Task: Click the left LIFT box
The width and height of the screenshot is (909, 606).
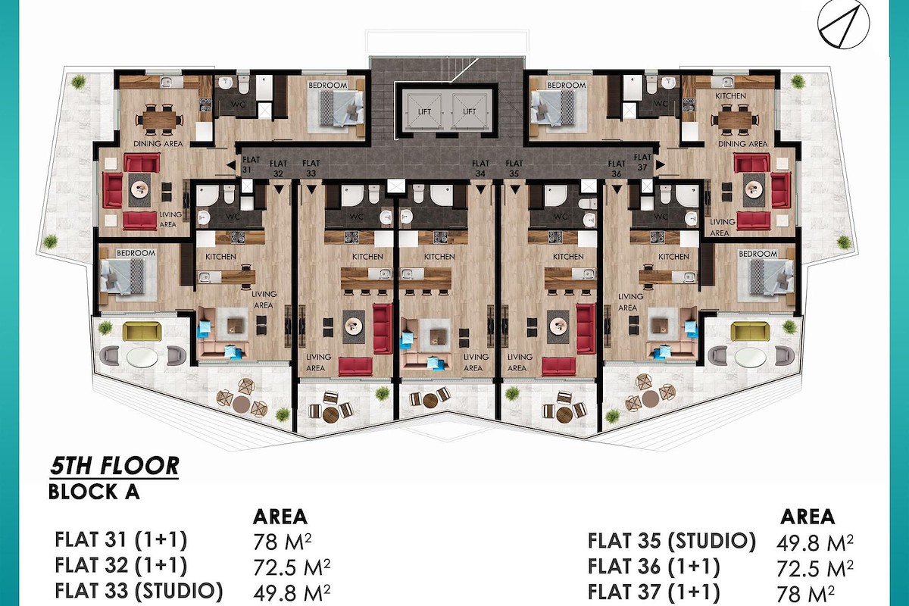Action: coord(424,111)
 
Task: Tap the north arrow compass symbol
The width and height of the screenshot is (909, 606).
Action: coord(843,25)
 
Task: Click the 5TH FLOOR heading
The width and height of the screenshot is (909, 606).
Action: coord(114,466)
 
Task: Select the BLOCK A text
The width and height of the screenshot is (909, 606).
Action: coord(94,492)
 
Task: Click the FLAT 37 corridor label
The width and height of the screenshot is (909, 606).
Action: coord(642,162)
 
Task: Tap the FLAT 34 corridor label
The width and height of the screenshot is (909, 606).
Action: coord(480,168)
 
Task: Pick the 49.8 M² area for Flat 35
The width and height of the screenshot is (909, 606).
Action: coord(815,543)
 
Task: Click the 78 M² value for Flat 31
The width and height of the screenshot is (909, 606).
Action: coord(283,542)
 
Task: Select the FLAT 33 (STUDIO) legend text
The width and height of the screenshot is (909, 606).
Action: coord(139,591)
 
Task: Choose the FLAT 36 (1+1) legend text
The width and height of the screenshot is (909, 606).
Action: coord(654,567)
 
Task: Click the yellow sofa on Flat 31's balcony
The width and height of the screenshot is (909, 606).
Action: coord(142,331)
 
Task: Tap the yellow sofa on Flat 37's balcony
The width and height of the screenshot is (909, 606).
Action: coord(750,331)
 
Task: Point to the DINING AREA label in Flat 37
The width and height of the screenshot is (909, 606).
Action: coord(742,144)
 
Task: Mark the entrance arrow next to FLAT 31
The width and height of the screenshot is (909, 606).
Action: coord(231,165)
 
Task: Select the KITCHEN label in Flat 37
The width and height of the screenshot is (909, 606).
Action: coord(730,95)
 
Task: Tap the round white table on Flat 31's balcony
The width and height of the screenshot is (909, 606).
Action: coord(142,358)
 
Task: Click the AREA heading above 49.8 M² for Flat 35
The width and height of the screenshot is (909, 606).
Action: coord(807,517)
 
